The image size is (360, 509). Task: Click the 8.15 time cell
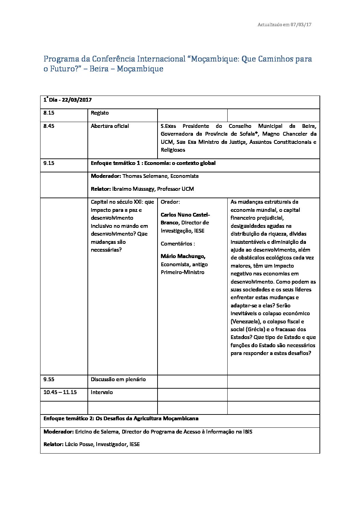(x=49, y=113)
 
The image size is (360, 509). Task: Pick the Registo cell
(x=100, y=113)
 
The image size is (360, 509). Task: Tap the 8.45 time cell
(x=49, y=126)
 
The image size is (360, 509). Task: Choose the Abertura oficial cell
(x=110, y=126)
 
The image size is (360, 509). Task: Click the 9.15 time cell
(x=49, y=163)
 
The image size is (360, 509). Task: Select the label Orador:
(x=170, y=202)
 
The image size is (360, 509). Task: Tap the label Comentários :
(x=178, y=244)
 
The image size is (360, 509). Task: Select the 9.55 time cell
(x=49, y=379)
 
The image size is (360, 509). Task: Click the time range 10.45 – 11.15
(x=60, y=392)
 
